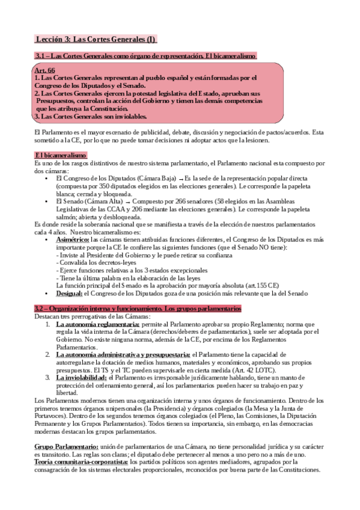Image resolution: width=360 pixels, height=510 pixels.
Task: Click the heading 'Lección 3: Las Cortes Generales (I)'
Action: pos(95,40)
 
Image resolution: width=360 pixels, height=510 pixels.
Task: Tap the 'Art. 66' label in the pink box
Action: pos(45,71)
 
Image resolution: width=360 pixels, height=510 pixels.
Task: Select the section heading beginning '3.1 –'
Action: pos(145,56)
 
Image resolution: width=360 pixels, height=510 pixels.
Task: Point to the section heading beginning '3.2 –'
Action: pos(138,309)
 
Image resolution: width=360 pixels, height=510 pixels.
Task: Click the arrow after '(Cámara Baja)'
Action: pos(180,179)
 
